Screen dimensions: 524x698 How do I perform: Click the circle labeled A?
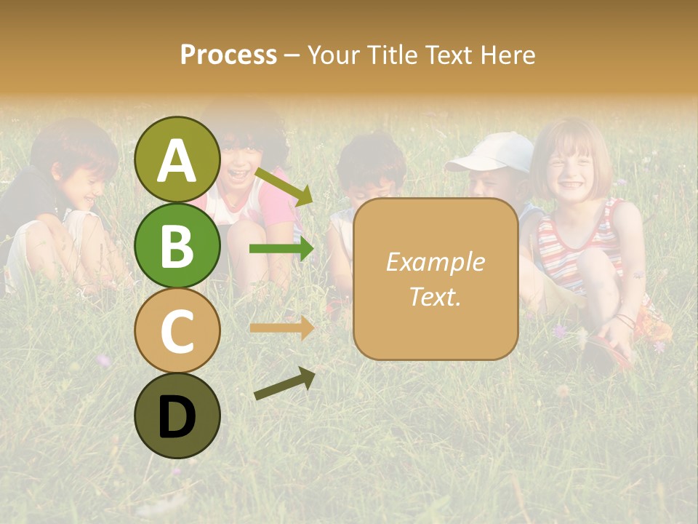[x=177, y=159]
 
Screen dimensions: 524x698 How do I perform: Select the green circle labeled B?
[x=177, y=245]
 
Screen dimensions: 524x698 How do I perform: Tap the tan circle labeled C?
[x=177, y=330]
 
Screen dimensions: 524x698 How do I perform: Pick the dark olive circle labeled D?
[x=177, y=416]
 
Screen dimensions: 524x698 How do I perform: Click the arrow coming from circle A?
[x=284, y=186]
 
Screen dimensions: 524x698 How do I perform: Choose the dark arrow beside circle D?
[x=284, y=384]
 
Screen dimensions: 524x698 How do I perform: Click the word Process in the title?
[x=228, y=55]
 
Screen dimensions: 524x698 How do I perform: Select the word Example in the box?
[x=435, y=262]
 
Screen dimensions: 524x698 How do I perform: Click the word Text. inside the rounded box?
[x=435, y=297]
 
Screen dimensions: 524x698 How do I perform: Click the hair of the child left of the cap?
[x=371, y=156]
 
